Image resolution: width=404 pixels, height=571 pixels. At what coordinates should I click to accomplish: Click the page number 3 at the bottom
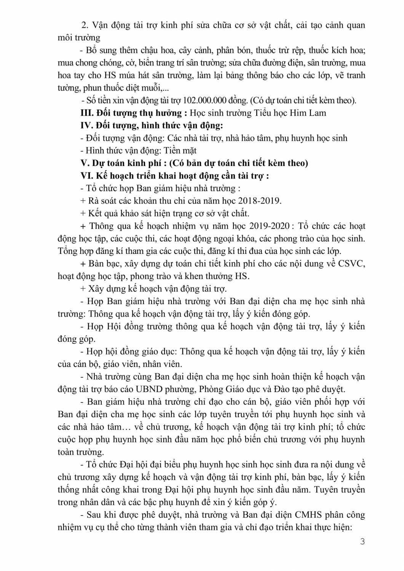pyautogui.click(x=362, y=541)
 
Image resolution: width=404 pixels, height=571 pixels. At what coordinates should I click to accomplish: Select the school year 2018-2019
pyautogui.click(x=261, y=201)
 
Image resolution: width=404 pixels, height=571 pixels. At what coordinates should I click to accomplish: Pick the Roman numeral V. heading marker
pyautogui.click(x=85, y=163)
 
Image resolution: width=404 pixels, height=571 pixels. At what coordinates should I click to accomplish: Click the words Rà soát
pyautogui.click(x=102, y=201)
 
